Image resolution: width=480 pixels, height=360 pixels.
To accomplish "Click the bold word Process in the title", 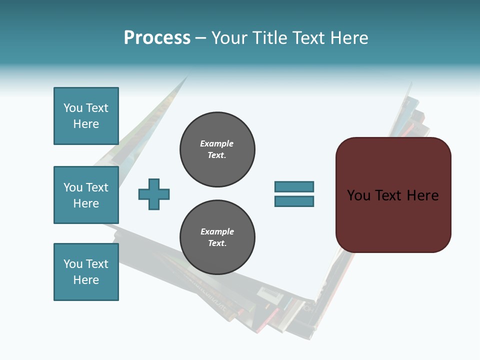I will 157,38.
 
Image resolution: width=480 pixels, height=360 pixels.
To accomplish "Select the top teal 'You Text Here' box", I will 86,116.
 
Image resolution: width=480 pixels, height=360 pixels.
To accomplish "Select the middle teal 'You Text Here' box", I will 86,195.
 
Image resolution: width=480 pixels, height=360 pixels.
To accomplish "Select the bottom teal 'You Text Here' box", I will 86,272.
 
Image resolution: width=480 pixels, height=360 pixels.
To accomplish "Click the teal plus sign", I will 154,194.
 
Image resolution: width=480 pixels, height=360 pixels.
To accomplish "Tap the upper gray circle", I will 217,149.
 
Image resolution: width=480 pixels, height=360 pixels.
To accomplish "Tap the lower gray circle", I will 217,237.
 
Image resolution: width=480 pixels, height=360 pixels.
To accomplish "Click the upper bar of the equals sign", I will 294,186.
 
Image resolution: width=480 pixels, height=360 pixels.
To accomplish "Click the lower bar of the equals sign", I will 294,201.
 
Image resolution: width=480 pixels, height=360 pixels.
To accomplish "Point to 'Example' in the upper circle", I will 217,143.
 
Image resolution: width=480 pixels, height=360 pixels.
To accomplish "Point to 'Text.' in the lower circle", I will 217,243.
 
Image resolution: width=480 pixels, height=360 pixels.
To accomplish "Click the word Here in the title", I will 348,38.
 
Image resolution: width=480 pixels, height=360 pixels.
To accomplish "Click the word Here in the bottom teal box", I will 86,280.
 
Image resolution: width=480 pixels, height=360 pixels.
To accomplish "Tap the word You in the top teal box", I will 73,108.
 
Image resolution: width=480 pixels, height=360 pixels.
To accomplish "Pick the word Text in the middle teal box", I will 97,187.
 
